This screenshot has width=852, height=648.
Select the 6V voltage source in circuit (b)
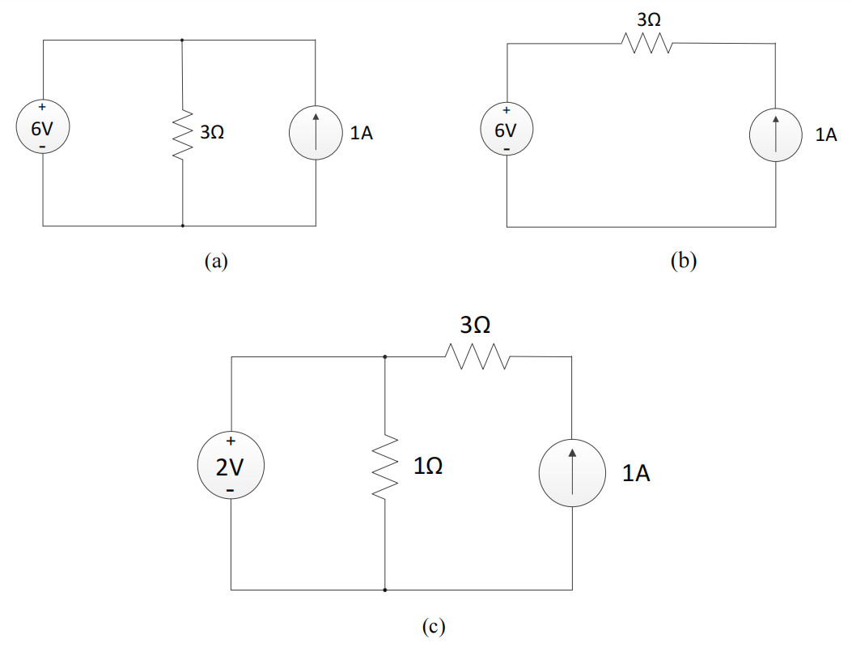coord(506,130)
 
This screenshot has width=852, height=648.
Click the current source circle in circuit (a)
coord(315,134)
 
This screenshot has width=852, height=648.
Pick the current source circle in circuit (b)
coord(775,135)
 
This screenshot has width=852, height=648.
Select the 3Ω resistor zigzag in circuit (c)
coord(476,356)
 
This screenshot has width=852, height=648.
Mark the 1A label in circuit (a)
coord(361,134)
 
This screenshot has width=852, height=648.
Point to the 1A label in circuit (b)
coord(825,135)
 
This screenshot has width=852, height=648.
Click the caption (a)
coord(217,261)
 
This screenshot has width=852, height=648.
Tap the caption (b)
coord(684,261)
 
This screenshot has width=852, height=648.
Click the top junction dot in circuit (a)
coord(182,40)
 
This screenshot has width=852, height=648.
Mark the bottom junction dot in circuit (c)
coord(384,590)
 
